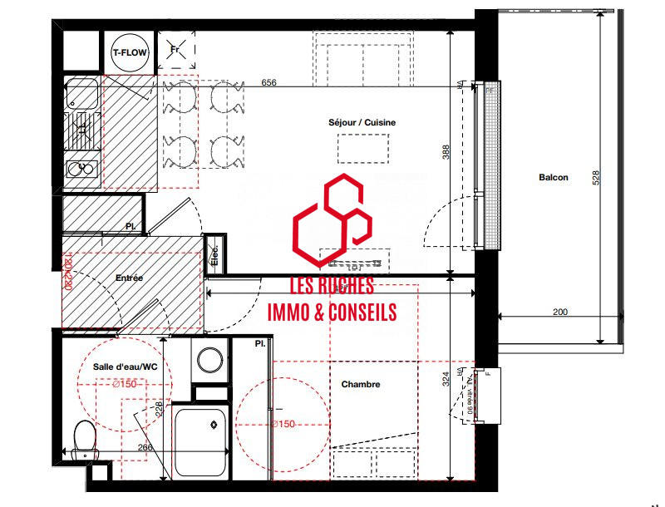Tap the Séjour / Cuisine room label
coord(362,123)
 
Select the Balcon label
coord(554,177)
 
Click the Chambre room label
coord(361,385)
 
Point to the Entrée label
coord(130,279)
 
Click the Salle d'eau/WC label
coord(126,367)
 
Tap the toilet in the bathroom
coord(84,438)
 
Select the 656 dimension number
coord(268,83)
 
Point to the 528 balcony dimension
coord(596,179)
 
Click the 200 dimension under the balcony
coord(559,312)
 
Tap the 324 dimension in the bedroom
coord(446,380)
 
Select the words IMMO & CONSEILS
coord(331,313)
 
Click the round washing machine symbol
coord(209,360)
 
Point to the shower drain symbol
coord(214,426)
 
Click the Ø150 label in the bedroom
coord(283,425)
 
